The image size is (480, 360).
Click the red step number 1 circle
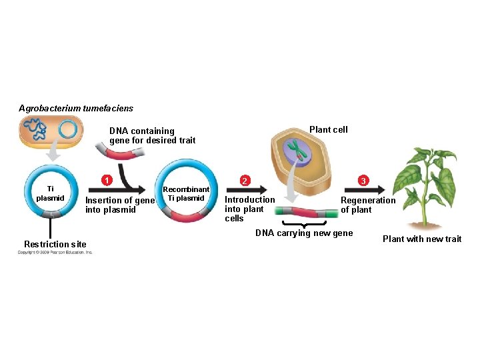pyautogui.click(x=105, y=180)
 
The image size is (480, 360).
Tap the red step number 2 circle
pyautogui.click(x=245, y=181)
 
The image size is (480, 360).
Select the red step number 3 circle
pyautogui.click(x=363, y=181)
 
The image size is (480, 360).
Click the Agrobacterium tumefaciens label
pyautogui.click(x=76, y=108)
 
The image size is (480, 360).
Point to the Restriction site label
pyautogui.click(x=55, y=244)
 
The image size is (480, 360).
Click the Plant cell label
pyautogui.click(x=328, y=129)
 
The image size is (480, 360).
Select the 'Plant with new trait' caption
pyautogui.click(x=421, y=239)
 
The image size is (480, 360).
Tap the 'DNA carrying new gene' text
pyautogui.click(x=304, y=233)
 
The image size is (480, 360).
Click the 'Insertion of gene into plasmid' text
pyautogui.click(x=120, y=205)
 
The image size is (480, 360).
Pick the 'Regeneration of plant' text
pyautogui.click(x=368, y=205)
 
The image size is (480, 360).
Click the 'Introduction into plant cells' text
pyautogui.click(x=249, y=209)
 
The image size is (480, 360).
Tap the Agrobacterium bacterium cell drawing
pyautogui.click(x=51, y=130)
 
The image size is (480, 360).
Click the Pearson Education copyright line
pyautogui.click(x=55, y=252)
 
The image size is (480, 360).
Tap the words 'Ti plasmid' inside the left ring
pyautogui.click(x=49, y=193)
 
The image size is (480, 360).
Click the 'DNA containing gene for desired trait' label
pyautogui.click(x=153, y=135)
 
